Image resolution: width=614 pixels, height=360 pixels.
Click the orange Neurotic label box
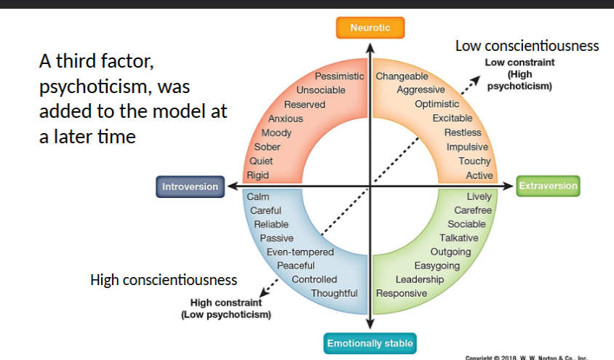(370, 28)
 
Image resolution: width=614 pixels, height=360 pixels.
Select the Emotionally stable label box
(370, 343)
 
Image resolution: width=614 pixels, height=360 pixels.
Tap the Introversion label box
(190, 187)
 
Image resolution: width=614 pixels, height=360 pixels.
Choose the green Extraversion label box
(548, 186)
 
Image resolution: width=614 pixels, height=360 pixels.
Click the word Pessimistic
(339, 76)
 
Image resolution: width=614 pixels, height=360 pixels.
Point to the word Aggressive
(420, 90)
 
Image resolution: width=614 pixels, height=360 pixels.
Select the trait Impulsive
(467, 147)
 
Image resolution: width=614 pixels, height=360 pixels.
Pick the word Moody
(276, 133)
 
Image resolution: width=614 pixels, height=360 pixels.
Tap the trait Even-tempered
(300, 252)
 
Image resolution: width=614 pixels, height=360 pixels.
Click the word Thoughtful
(334, 293)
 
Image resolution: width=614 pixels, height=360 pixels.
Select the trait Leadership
(419, 279)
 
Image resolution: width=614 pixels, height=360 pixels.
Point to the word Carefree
(473, 210)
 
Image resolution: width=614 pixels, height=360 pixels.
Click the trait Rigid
(258, 175)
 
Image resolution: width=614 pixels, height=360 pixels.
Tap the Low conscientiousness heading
(527, 46)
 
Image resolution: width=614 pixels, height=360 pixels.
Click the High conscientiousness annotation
(164, 279)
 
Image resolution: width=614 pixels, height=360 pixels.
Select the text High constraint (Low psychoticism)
(226, 308)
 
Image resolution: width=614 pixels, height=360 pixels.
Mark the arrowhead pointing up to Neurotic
(370, 48)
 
